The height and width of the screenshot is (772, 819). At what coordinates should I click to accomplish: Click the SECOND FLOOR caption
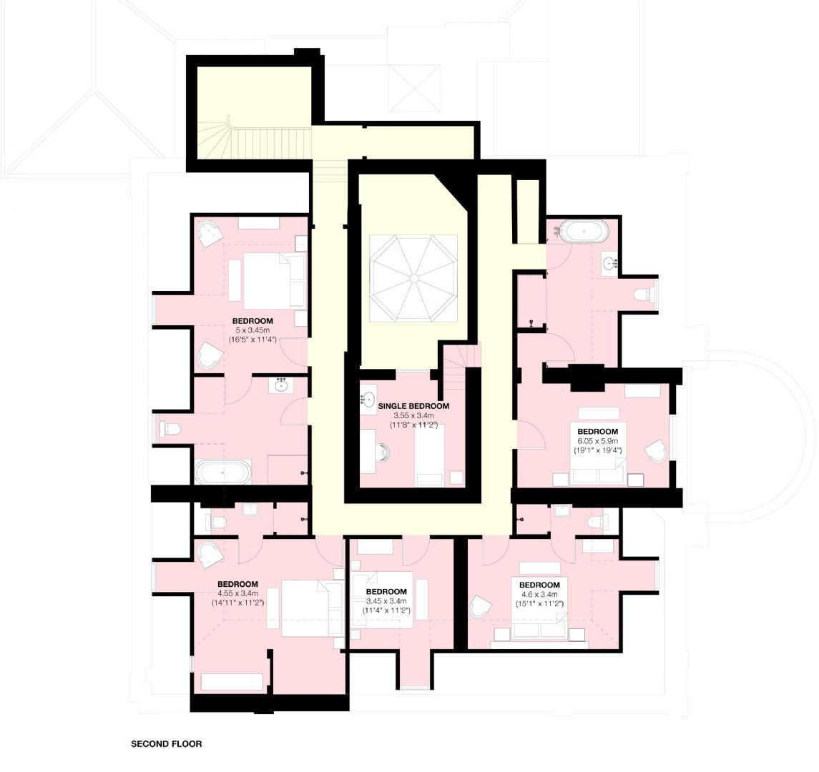(166, 743)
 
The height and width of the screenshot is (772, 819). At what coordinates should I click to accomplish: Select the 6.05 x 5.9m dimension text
(597, 441)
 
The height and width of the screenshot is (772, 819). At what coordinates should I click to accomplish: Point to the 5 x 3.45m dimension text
(252, 330)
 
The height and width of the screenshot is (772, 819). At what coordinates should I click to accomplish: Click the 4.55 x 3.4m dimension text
(237, 593)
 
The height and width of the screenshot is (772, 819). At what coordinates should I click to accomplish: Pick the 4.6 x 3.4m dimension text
(539, 594)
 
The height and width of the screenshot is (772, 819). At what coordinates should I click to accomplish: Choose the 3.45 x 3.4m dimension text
(386, 601)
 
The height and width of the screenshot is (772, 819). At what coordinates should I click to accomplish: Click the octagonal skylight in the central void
(413, 277)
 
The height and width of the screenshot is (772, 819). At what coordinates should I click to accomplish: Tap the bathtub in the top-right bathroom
(583, 232)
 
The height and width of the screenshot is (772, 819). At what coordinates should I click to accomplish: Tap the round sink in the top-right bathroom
(610, 264)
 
